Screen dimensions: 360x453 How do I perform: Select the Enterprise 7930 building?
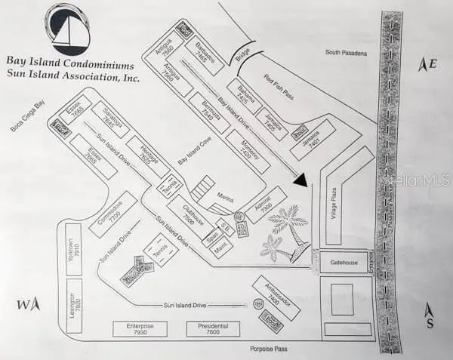pyautogui.click(x=140, y=329)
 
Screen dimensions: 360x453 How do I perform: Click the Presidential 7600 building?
pyautogui.click(x=214, y=329)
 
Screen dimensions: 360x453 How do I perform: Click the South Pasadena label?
pyautogui.click(x=346, y=52)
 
